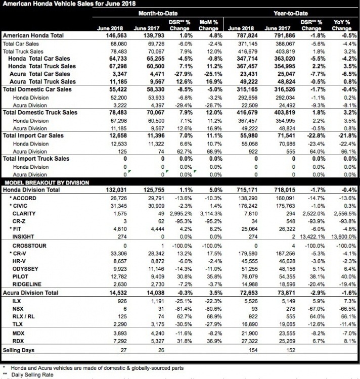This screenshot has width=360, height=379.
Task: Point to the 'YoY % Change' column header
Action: (x=342, y=25)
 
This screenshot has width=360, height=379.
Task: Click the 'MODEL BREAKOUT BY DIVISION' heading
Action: (x=46, y=182)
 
